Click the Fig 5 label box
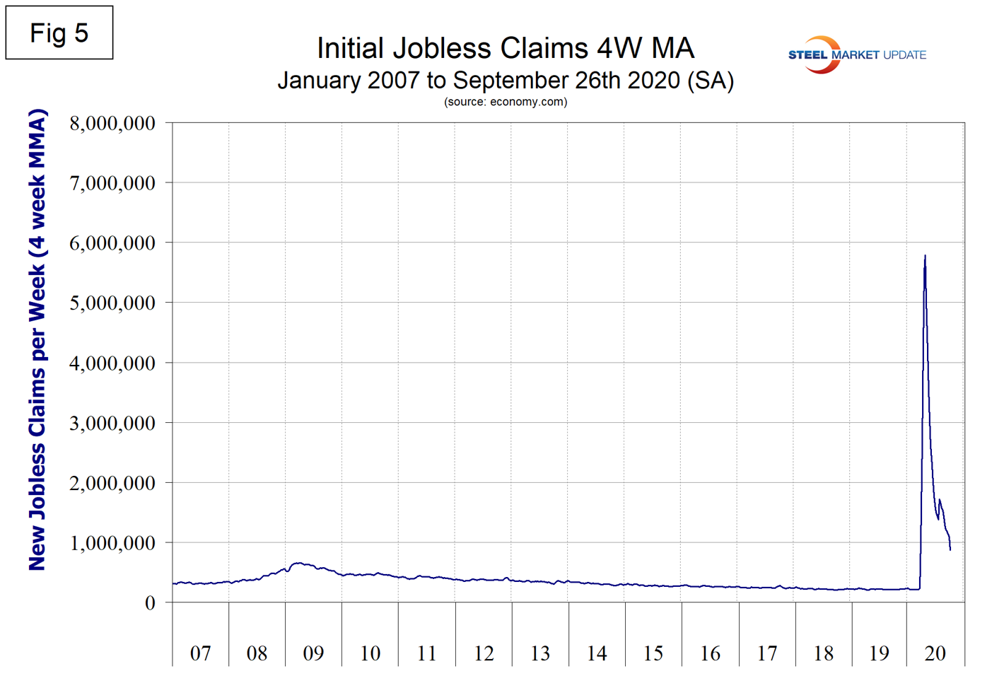[x=59, y=33]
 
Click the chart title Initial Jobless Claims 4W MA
[x=505, y=48]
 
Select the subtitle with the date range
[x=505, y=80]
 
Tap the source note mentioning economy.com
[x=505, y=102]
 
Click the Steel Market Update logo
[x=856, y=54]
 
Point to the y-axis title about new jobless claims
[x=37, y=339]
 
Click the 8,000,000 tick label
[x=112, y=123]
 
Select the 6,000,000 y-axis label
[x=112, y=243]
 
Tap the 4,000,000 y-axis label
[x=112, y=363]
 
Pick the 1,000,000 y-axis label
[x=112, y=543]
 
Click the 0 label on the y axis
[x=150, y=603]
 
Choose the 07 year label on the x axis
[x=200, y=653]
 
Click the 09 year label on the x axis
[x=313, y=653]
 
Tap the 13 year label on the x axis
[x=540, y=653]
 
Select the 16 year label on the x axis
[x=710, y=653]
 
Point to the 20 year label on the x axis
[x=935, y=653]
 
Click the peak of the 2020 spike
[x=925, y=256]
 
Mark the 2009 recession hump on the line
[x=300, y=564]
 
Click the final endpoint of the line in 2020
[x=950, y=549]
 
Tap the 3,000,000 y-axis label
[x=112, y=424]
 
